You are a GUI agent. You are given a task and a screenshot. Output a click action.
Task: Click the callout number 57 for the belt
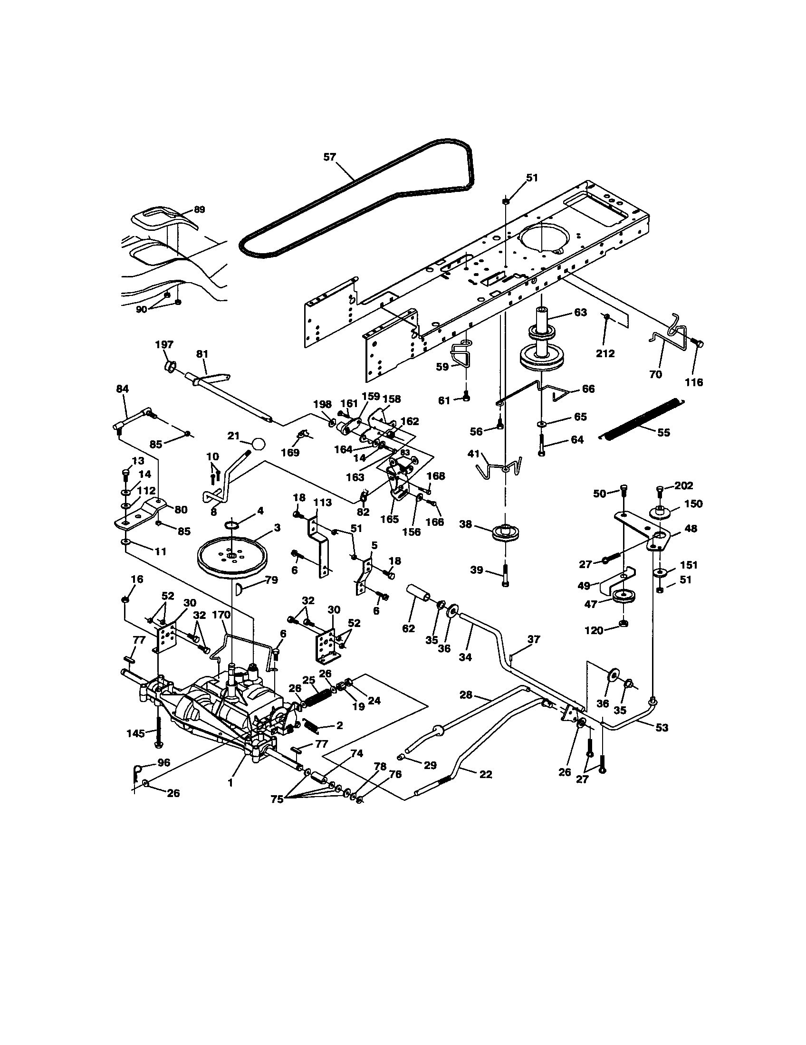coord(329,157)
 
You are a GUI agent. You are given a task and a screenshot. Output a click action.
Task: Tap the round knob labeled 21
coord(258,444)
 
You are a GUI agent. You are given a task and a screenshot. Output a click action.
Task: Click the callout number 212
coord(605,353)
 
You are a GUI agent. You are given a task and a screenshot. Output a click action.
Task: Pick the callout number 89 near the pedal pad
coord(199,209)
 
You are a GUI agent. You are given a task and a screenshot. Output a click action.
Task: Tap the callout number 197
coord(164,344)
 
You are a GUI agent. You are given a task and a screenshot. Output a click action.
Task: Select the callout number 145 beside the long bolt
coord(135,733)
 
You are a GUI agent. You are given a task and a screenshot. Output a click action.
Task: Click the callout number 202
coord(683,485)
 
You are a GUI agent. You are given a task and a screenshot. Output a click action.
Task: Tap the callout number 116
coord(694,382)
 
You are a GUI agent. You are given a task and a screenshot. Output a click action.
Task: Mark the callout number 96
coord(163,763)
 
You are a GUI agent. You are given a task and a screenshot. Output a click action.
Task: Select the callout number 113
coord(322,502)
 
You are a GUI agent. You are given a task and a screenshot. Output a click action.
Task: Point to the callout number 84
coord(123,389)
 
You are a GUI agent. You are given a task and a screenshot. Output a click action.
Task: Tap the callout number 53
coord(662,727)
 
